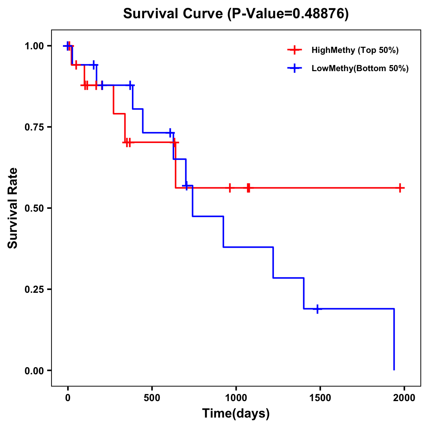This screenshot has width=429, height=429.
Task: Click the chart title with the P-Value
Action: [236, 14]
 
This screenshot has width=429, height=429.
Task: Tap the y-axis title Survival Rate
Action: [13, 208]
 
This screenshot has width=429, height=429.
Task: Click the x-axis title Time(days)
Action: [236, 414]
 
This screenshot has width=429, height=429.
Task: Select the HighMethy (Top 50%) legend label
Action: [355, 50]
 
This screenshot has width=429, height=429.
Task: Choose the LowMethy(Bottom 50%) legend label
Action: [360, 68]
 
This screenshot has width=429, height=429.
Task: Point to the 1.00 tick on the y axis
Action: [34, 46]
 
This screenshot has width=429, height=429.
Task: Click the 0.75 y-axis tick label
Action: [34, 127]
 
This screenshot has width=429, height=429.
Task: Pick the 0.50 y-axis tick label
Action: [34, 208]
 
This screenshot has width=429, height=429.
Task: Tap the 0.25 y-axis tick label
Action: [34, 290]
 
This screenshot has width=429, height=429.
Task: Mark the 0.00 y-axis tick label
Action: [34, 371]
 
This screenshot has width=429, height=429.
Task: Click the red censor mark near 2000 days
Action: [400, 188]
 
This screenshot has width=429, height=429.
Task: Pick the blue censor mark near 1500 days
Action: [317, 309]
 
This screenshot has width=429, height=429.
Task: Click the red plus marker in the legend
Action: [294, 50]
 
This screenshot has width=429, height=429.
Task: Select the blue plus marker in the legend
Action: [294, 68]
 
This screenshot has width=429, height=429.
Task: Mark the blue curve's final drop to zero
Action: [394, 340]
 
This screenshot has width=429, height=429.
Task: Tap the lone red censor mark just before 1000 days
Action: [230, 188]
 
